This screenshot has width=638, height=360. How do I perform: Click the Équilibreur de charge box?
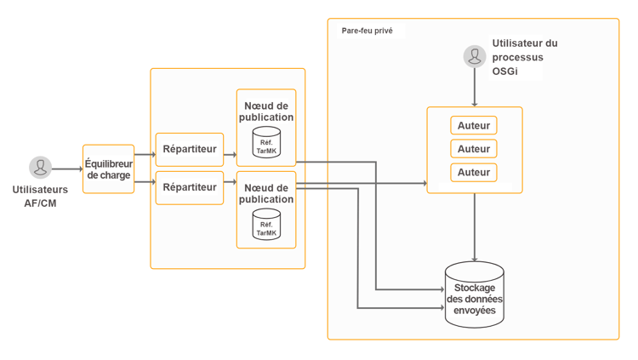[x=108, y=169]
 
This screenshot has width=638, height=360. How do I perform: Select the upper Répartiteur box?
[x=189, y=149]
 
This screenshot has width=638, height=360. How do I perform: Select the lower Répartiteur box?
[x=189, y=187]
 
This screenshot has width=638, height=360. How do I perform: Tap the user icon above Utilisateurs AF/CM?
[x=40, y=167]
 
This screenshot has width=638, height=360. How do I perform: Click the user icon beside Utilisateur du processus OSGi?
[x=475, y=56]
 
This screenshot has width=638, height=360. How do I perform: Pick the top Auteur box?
[x=474, y=126]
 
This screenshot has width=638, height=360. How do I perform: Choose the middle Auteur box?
[x=474, y=149]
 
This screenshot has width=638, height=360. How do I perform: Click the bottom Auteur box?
[x=474, y=172]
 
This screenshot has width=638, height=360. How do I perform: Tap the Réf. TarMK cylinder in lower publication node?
[x=266, y=225]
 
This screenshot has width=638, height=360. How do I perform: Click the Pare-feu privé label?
[x=367, y=31]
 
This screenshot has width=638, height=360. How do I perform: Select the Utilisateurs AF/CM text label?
[x=40, y=196]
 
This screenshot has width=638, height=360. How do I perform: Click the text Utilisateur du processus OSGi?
[x=524, y=57]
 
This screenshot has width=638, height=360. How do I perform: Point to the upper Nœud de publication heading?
[x=266, y=111]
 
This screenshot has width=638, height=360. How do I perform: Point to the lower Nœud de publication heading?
[x=266, y=193]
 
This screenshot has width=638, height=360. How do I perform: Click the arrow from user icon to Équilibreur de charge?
[x=67, y=169]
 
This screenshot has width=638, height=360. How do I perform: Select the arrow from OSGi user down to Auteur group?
[x=475, y=87]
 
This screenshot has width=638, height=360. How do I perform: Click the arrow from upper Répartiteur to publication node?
[x=230, y=155]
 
